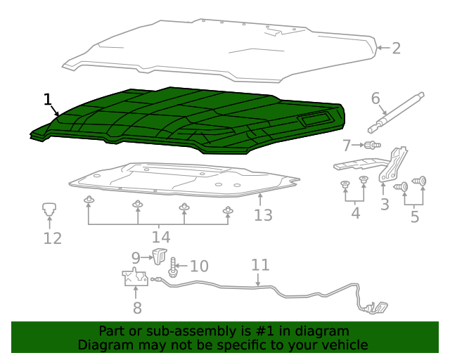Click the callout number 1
point(47,100)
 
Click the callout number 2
point(396,49)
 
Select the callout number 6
point(375,98)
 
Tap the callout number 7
point(347,146)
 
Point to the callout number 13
point(263,215)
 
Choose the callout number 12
point(53,238)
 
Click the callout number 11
point(260,265)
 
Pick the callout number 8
point(137,308)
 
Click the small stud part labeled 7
point(373,146)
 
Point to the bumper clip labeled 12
point(49,209)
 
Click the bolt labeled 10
point(173,268)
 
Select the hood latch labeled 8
point(135,277)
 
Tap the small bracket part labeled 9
point(160,257)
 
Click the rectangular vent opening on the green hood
point(315,119)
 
